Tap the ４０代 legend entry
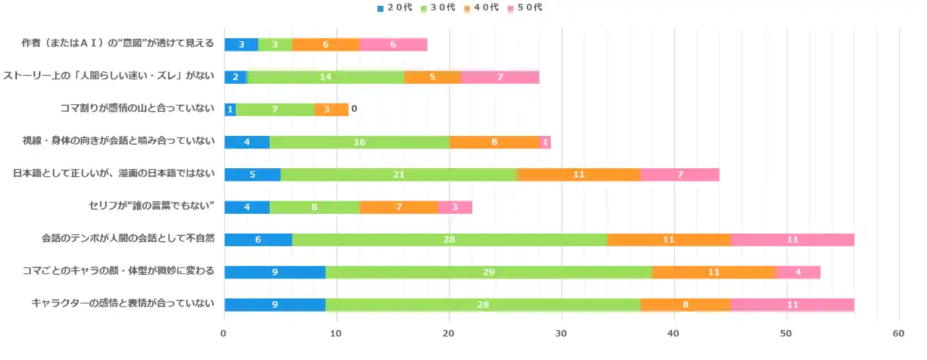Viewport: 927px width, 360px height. coord(483,7)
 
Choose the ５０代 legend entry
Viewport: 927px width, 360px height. coord(526,7)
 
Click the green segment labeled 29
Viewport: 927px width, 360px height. coord(488,272)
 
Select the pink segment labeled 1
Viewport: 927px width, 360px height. coord(545,142)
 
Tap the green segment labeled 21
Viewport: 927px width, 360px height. coord(399,174)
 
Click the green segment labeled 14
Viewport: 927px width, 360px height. coord(325,77)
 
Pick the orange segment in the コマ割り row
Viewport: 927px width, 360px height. coord(331,109)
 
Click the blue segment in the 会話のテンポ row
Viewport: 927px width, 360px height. coord(258,240)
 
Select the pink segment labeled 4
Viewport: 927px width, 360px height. coord(798,272)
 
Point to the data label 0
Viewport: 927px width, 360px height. coord(354,109)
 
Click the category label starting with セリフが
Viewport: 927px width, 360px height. coord(151,206)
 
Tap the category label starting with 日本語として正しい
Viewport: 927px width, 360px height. coord(114,174)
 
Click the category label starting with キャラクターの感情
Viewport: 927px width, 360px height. coord(123,304)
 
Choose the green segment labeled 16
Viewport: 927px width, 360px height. coord(359,142)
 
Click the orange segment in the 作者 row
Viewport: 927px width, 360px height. coord(325,45)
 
